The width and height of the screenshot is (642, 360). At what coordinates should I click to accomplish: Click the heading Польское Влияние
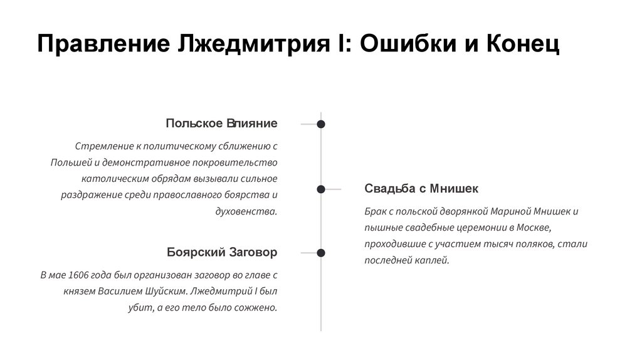pyautogui.click(x=221, y=123)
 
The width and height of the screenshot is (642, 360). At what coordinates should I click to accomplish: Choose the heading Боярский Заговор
pyautogui.click(x=221, y=252)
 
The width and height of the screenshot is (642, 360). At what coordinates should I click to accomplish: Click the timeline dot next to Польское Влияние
pyautogui.click(x=321, y=124)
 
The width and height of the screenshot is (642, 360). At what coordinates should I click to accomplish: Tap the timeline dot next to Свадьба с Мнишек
pyautogui.click(x=321, y=189)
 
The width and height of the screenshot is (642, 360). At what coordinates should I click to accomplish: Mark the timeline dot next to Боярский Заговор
pyautogui.click(x=321, y=253)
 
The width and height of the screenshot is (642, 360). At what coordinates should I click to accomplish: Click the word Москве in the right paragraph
pyautogui.click(x=535, y=227)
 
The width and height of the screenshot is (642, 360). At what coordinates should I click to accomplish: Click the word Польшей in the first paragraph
pyautogui.click(x=70, y=162)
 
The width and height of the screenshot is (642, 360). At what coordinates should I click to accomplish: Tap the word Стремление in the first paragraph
pyautogui.click(x=103, y=146)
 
